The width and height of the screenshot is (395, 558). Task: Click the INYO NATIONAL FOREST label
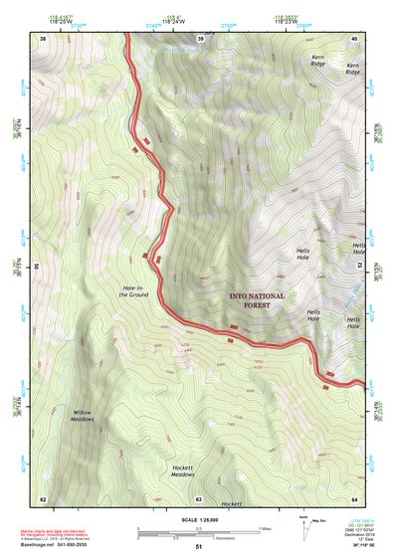click(257, 300)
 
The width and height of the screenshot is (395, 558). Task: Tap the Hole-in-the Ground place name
click(135, 290)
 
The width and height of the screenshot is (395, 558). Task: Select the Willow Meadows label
click(82, 415)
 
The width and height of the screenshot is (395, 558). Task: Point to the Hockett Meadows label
click(182, 470)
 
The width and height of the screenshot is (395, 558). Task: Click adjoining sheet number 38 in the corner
click(43, 39)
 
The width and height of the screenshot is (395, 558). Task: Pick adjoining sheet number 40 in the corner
click(355, 39)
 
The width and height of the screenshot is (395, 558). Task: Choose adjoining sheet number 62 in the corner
click(43, 498)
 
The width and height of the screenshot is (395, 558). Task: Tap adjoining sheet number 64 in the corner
click(354, 498)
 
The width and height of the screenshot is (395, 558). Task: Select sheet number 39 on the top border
click(200, 39)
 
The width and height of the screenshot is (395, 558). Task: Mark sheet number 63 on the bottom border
click(198, 498)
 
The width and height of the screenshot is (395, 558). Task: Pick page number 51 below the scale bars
click(198, 547)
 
